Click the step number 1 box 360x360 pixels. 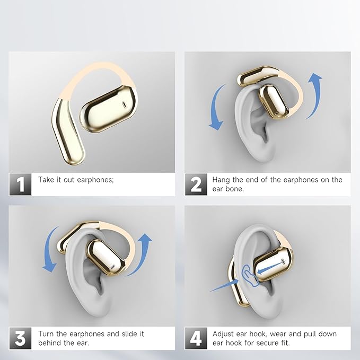click(x=20, y=184)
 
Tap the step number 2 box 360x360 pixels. click(x=196, y=184)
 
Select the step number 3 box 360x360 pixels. click(x=20, y=338)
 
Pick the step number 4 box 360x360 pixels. click(x=196, y=338)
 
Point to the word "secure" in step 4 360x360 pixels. click(x=267, y=343)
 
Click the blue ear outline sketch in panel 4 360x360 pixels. click(x=249, y=276)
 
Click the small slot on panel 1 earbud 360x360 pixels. click(x=124, y=104)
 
